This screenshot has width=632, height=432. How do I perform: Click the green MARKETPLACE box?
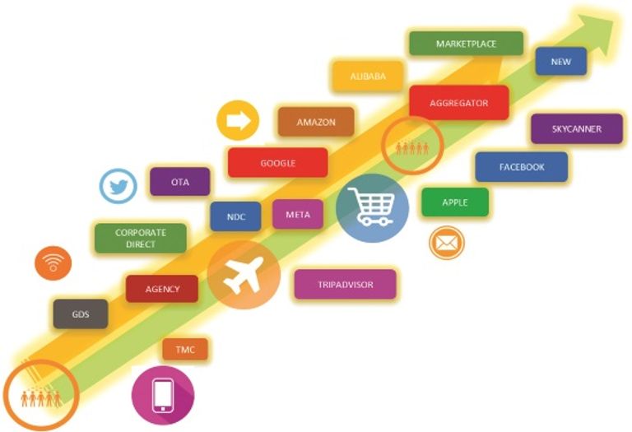[x=466, y=44]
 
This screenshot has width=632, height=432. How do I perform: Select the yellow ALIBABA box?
[x=368, y=77]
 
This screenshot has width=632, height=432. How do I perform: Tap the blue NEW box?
[x=560, y=62]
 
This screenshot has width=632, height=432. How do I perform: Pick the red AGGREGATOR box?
[x=459, y=103]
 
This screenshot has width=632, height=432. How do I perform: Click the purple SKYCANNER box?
[x=576, y=128]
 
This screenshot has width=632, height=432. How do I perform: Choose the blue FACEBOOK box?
[x=521, y=167]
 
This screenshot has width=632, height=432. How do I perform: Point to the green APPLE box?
[x=454, y=202]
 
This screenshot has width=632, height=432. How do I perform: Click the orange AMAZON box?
[x=316, y=122]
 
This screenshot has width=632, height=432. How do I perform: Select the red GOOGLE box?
[x=277, y=163]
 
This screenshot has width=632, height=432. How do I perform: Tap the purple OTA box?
[x=179, y=182]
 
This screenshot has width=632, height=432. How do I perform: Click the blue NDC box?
[x=235, y=216]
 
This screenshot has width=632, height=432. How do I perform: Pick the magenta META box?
[x=297, y=215]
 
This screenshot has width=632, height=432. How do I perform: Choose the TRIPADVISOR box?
[x=345, y=285]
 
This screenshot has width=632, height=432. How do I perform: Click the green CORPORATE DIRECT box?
[x=140, y=239]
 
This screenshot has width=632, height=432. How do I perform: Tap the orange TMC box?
[x=185, y=350]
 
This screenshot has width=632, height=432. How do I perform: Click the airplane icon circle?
[x=244, y=274]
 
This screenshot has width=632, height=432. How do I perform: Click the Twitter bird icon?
[x=118, y=187]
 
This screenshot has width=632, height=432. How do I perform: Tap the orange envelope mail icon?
[x=446, y=243]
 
